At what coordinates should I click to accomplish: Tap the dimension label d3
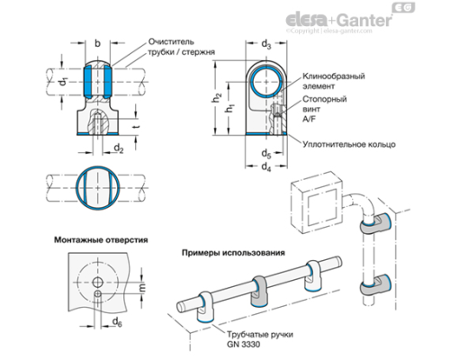[265, 43]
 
